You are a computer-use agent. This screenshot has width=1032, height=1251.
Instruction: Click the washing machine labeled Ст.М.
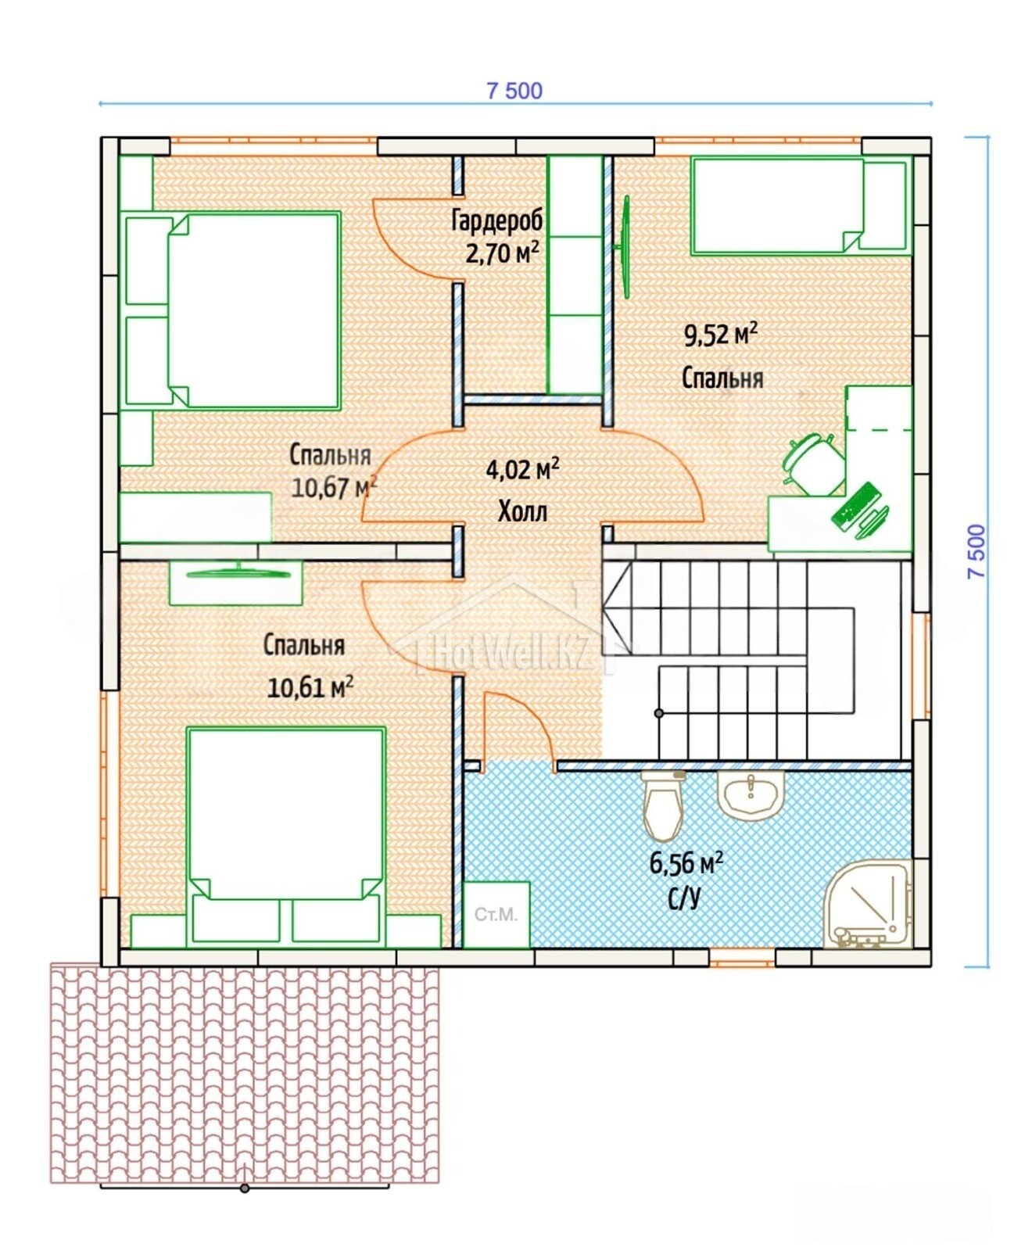(496, 915)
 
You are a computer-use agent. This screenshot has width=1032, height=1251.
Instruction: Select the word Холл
(522, 512)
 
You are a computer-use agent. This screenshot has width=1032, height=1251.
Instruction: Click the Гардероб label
(497, 221)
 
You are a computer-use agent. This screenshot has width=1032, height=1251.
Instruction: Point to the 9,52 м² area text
(721, 335)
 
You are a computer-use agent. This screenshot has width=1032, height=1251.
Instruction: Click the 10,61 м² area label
(310, 687)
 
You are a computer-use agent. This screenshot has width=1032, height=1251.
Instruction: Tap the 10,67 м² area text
(334, 487)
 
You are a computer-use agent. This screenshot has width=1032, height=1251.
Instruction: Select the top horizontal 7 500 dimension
(514, 91)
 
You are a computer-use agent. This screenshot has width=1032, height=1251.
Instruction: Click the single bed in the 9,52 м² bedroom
(801, 205)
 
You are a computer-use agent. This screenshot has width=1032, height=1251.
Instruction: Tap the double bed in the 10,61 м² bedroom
(286, 835)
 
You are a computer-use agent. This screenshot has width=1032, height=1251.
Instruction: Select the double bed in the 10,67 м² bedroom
(232, 310)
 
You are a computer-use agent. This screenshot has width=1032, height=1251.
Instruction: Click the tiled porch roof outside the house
(245, 1074)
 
